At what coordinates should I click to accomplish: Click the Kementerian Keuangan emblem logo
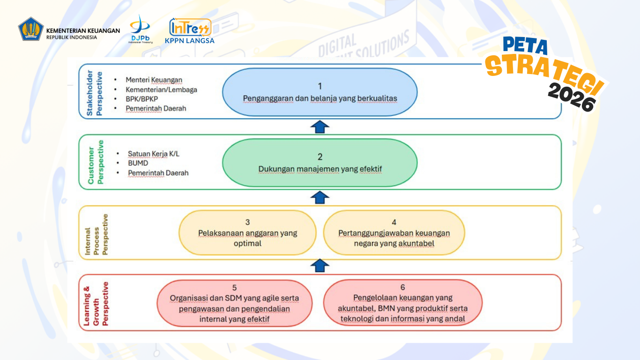31,29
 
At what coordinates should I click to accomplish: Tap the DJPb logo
140,29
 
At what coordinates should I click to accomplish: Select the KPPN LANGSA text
190,41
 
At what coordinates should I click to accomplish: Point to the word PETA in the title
525,46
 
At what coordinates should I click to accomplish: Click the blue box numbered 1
320,92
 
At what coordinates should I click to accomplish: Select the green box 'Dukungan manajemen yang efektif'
320,163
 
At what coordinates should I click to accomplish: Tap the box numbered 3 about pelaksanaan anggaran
247,233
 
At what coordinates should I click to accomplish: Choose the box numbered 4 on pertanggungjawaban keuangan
394,233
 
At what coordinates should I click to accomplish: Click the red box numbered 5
234,303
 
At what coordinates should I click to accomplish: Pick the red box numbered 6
402,303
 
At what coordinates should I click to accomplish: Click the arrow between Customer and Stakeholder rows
320,127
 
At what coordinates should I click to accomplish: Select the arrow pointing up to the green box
320,197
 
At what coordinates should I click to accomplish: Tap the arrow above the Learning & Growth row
320,266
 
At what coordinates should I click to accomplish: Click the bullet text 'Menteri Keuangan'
154,80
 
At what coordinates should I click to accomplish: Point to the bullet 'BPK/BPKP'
142,99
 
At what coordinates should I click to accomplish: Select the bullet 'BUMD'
138,163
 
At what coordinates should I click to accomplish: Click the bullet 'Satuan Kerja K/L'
153,154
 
